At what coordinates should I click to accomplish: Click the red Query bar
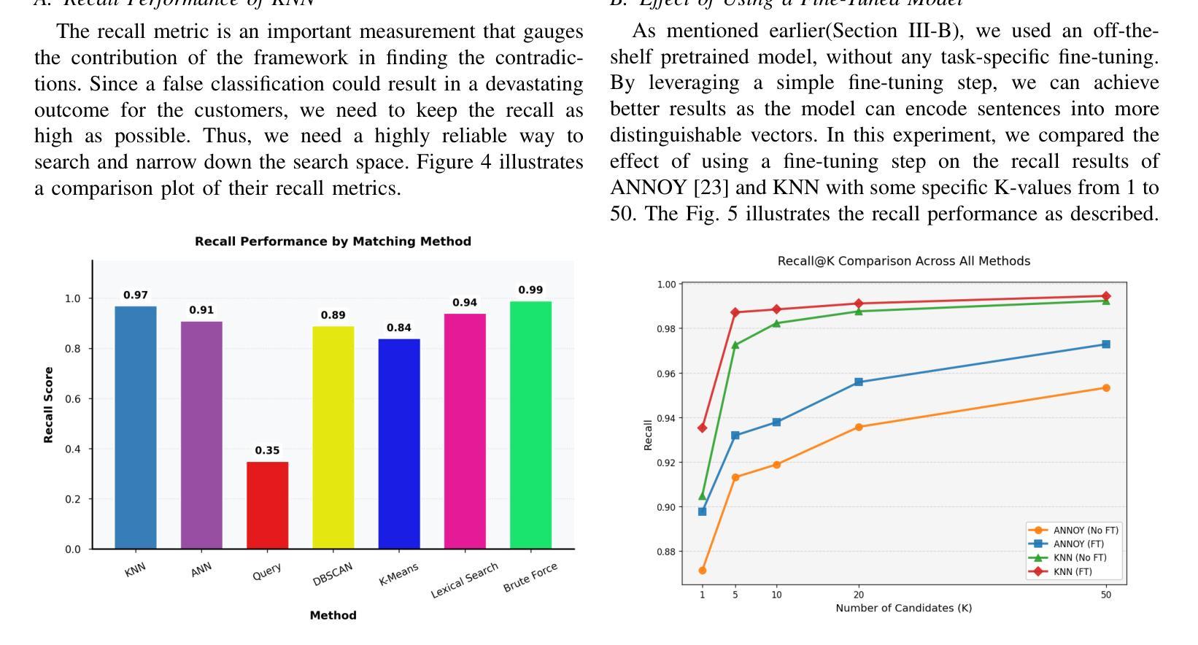267,505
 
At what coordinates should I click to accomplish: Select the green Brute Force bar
530,425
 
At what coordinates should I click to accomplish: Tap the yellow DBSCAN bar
333,437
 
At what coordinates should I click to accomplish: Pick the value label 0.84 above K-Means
399,328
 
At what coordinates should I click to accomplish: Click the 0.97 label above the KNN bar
136,296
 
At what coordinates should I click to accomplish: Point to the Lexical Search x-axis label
465,580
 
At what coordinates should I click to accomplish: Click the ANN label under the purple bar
201,570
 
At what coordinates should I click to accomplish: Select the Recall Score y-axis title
49,405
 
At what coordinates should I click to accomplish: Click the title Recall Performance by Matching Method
333,242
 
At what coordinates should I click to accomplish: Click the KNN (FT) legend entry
1072,571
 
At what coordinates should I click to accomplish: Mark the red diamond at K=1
703,428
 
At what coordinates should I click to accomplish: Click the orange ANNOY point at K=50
1106,388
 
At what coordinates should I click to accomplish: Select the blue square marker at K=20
859,382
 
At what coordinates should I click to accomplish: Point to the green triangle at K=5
735,345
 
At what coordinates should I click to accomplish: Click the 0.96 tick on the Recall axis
665,374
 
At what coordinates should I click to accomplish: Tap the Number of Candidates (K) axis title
903,608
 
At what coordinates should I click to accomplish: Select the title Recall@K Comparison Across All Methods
903,261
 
